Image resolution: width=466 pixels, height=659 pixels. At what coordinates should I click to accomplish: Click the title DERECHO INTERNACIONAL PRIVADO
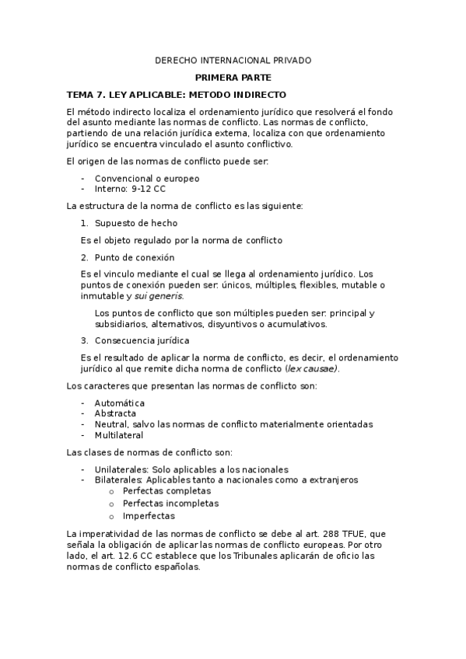click(233, 60)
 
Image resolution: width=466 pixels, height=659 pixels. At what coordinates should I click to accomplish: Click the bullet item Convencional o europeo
click(147, 178)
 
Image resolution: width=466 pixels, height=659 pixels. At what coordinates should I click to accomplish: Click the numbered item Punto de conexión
click(134, 257)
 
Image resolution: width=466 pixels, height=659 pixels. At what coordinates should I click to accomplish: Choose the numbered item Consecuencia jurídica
click(142, 340)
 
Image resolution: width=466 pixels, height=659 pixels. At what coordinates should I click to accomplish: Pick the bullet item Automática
click(119, 403)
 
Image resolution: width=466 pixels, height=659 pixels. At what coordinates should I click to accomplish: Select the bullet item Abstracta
click(115, 413)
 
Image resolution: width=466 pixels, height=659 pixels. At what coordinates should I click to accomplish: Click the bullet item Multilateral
click(119, 434)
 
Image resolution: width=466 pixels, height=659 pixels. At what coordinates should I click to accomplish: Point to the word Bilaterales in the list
click(117, 479)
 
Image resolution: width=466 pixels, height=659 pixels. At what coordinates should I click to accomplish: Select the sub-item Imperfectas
click(149, 515)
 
